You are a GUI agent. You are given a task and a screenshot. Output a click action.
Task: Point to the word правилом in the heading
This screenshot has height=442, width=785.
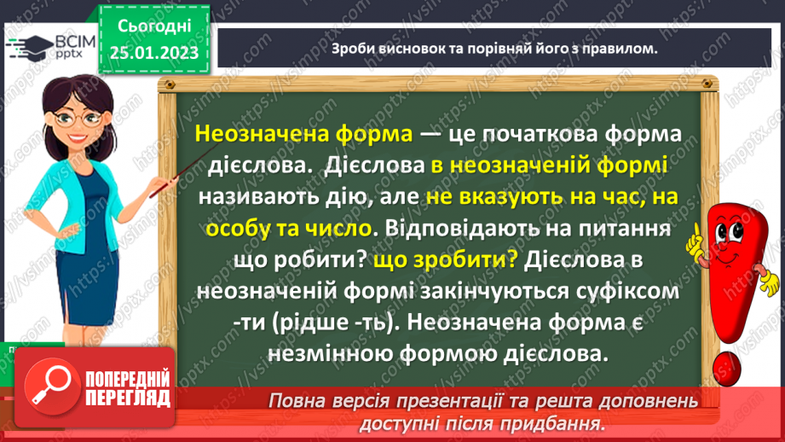620,49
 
